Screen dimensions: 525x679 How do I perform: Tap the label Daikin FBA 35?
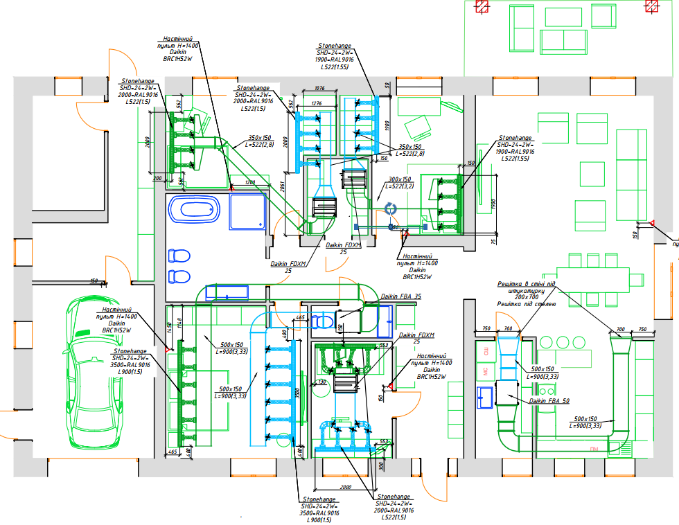click(401, 296)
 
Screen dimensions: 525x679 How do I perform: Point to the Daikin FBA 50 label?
click(549, 401)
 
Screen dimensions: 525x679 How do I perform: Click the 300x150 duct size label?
click(399, 179)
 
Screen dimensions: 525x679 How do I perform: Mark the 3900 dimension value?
click(296, 397)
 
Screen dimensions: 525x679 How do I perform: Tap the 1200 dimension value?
click(250, 182)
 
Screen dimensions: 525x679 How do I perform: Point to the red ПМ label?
click(594, 450)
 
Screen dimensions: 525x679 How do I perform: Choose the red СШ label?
click(486, 353)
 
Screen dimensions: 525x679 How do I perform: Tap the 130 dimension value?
click(321, 382)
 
